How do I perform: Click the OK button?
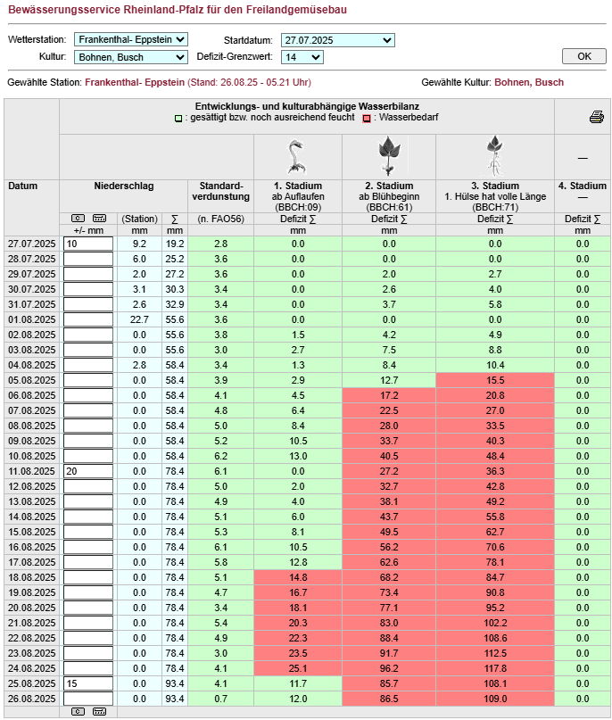pyautogui.click(x=584, y=56)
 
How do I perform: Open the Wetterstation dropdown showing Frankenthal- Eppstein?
pyautogui.click(x=130, y=40)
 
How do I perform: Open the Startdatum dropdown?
pyautogui.click(x=337, y=40)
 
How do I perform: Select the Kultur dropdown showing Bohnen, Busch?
pyautogui.click(x=130, y=57)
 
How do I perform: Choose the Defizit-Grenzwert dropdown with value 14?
pyautogui.click(x=302, y=57)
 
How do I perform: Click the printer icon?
pyautogui.click(x=596, y=117)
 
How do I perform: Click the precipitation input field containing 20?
pyautogui.click(x=88, y=471)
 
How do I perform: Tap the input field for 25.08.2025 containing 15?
pyautogui.click(x=88, y=683)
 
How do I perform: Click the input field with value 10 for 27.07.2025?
pyautogui.click(x=88, y=244)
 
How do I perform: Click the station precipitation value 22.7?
pyautogui.click(x=138, y=319)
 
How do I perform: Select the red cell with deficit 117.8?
pyautogui.click(x=494, y=668)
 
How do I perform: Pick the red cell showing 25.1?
pyautogui.click(x=297, y=668)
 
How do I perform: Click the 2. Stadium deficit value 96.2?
pyautogui.click(x=389, y=668)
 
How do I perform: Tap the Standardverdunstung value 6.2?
pyautogui.click(x=220, y=456)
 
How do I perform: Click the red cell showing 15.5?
pyautogui.click(x=494, y=380)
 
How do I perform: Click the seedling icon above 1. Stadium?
pyautogui.click(x=297, y=156)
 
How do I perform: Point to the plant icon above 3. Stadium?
pyautogui.click(x=494, y=156)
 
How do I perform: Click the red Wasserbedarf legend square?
pyautogui.click(x=366, y=117)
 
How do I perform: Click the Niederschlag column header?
pyautogui.click(x=123, y=186)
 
